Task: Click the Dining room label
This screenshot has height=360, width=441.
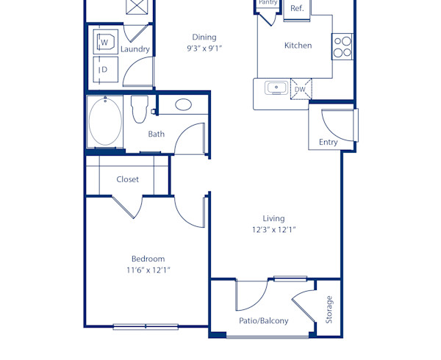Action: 204,37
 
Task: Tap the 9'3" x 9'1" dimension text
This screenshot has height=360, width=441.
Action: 204,48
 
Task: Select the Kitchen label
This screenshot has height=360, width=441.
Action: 298,46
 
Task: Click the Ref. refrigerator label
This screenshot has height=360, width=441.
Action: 297,9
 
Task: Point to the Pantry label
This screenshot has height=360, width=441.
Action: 268,3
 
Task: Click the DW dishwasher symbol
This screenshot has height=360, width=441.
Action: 300,90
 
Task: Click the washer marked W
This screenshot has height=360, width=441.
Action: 104,43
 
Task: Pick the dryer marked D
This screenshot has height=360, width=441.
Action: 104,70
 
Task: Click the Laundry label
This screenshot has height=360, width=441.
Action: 135,49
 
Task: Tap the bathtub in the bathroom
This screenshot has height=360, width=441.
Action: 105,122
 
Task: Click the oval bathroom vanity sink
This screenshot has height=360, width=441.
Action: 183,105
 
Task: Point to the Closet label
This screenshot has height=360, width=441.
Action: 127,179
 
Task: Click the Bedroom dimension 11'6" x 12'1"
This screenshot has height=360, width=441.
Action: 148,270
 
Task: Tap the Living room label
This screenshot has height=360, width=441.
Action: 273,218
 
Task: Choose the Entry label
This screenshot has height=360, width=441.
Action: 328,142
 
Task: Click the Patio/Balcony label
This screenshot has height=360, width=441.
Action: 263,320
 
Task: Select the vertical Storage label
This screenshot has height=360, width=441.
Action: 329,309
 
